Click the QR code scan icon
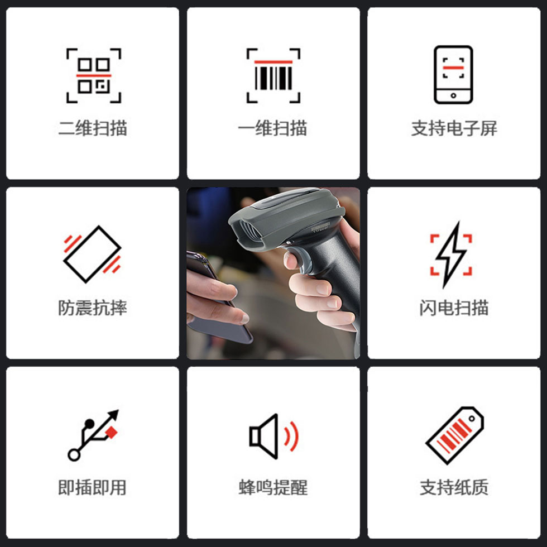coord(94,75)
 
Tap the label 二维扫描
coord(93,128)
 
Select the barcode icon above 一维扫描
coord(273,75)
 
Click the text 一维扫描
coord(273,128)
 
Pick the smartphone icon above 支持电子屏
coord(453,75)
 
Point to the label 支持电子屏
coord(454,128)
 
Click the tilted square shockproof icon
coord(92,254)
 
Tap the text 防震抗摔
coord(93,308)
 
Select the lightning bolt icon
coord(451,255)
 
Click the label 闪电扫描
coord(454,308)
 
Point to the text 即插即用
coord(93,487)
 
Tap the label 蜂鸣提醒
coord(273,487)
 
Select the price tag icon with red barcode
coord(454,435)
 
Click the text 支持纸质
coord(454,487)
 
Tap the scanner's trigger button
coord(301,260)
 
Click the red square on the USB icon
coord(111,432)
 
